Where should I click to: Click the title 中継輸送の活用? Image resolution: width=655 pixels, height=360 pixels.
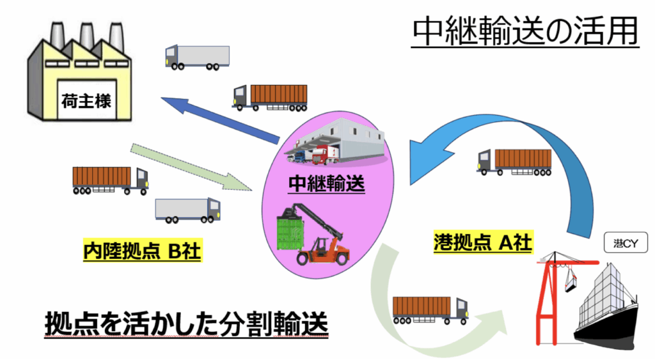[525, 31]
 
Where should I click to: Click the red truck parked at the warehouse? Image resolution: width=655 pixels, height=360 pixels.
[325, 155]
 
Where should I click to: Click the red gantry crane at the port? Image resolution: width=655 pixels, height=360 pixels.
[549, 295]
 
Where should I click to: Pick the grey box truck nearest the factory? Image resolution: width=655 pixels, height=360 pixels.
[196, 56]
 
